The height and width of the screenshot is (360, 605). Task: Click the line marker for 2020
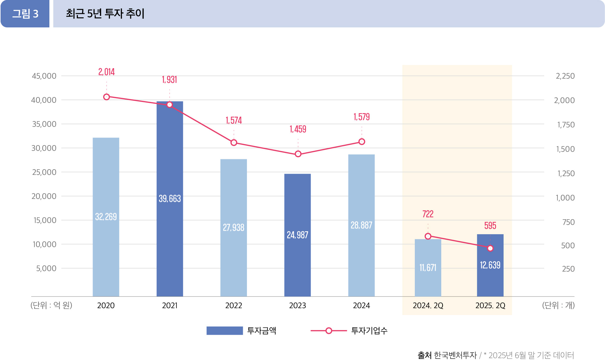106,97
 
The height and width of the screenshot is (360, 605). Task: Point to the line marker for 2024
362,142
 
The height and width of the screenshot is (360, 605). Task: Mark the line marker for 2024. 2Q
428,236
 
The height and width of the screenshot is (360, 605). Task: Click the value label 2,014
106,72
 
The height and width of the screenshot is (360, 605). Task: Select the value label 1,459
298,129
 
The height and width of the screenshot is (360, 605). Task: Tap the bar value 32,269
106,217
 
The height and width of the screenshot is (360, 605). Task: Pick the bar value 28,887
361,225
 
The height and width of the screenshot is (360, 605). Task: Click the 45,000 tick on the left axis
44,76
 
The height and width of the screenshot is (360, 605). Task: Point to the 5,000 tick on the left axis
46,268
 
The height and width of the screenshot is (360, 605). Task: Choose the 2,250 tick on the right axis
565,76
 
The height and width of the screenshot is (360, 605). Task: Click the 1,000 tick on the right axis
565,198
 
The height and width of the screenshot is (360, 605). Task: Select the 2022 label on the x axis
234,306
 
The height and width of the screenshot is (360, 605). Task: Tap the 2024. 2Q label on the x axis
428,306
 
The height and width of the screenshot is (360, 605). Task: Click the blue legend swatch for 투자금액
225,331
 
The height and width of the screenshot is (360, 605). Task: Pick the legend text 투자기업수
369,331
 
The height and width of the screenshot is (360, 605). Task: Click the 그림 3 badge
25,14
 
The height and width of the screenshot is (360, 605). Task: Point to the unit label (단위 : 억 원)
51,305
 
